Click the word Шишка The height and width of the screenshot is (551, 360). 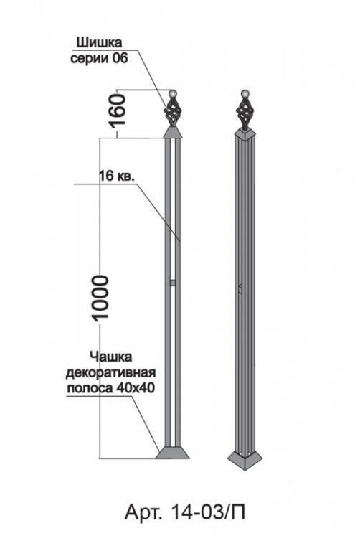click(99, 43)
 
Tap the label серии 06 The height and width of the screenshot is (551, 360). click(100, 58)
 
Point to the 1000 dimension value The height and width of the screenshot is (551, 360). click(100, 297)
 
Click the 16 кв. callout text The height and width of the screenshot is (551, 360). click(116, 176)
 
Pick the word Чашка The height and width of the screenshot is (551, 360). click(110, 357)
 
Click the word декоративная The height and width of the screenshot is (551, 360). click(110, 372)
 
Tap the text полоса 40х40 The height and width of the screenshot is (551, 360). click(110, 388)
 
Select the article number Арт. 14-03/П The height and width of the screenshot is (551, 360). click(185, 512)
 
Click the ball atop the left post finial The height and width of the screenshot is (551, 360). click(173, 94)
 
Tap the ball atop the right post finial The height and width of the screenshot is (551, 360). click(245, 94)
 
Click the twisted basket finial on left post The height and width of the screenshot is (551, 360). click(173, 112)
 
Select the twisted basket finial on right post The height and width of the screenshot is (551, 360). click(245, 113)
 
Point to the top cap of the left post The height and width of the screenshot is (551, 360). click(173, 133)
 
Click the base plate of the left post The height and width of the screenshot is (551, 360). click(172, 453)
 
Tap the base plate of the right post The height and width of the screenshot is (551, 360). click(245, 459)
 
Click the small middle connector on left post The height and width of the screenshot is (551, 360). click(172, 283)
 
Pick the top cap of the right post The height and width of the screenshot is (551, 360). click(245, 134)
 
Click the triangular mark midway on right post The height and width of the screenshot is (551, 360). click(240, 288)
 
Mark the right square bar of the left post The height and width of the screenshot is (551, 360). click(178, 293)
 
